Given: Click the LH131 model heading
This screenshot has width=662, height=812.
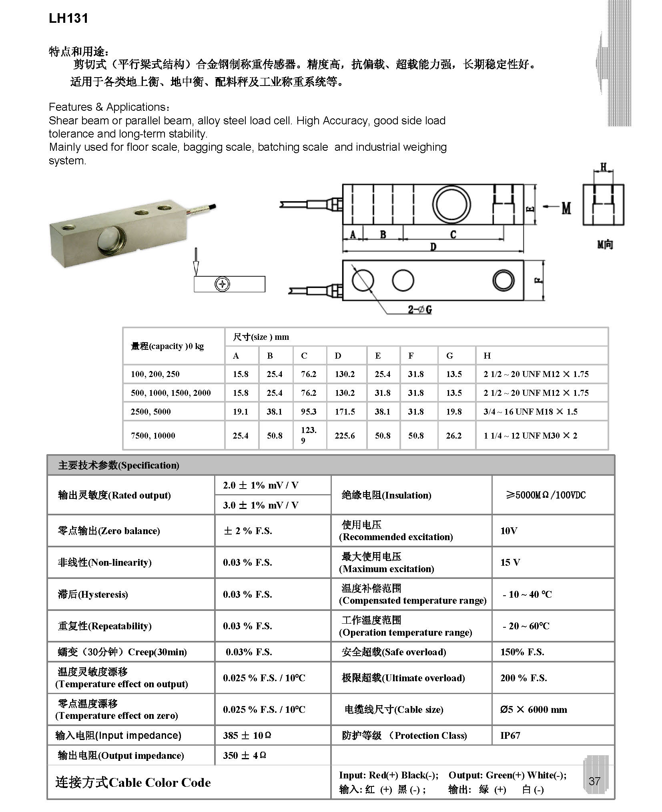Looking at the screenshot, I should pos(68,18).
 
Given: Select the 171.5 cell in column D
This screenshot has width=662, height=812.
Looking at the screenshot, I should pos(345,411).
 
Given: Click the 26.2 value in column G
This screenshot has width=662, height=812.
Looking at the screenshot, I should pos(453,435).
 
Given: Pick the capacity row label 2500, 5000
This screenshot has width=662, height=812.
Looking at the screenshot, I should pos(150,411).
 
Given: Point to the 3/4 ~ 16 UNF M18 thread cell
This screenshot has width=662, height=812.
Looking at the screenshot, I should pos(530,411).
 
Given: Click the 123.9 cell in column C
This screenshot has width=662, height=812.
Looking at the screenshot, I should pos(309,435).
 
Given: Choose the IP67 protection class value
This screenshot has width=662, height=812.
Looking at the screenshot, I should pos(510,735).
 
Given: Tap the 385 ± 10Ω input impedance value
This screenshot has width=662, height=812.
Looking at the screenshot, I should pos(247,735).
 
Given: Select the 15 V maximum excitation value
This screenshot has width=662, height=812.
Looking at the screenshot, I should pos(510,562).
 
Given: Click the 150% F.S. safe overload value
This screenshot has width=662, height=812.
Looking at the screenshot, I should pos(522,652).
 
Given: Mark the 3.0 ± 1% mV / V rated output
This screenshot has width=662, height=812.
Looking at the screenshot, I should pos(261,505).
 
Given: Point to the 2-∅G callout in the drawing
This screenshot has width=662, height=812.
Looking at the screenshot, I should pos(420,309).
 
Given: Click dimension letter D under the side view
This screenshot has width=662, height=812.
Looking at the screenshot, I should pos(433,247).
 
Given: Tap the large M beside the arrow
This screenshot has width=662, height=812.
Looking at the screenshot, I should pos(566,207).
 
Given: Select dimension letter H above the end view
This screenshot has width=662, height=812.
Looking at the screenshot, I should pos(604,167).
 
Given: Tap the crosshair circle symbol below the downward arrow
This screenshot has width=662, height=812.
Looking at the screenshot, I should pos(222,284).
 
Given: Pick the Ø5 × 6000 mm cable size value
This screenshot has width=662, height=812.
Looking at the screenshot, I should pos(533,710).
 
